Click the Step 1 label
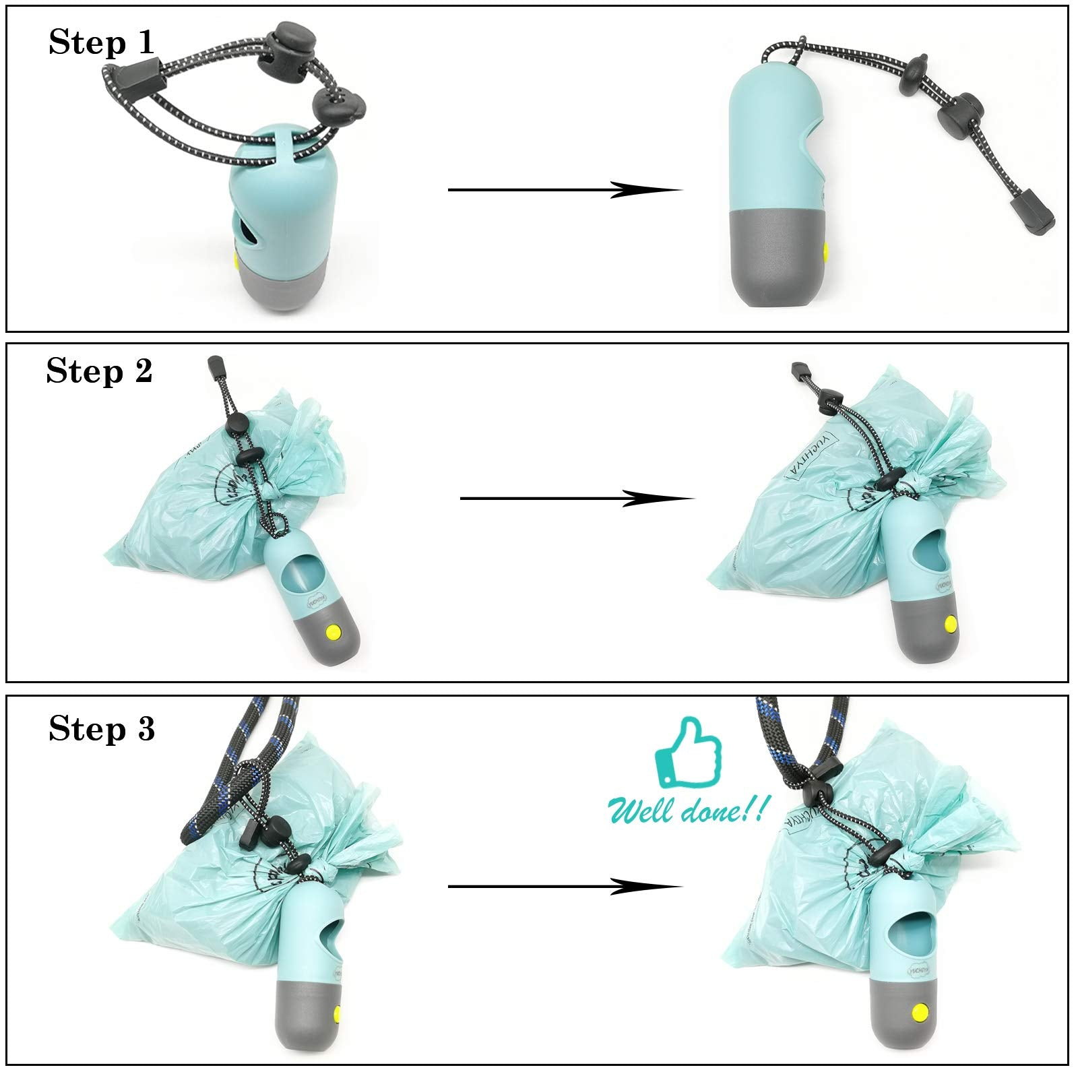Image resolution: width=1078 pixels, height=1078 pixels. click(x=101, y=43)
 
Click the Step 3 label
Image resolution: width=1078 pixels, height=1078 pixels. click(x=102, y=729)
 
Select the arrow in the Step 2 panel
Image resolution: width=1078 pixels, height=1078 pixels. click(x=576, y=499)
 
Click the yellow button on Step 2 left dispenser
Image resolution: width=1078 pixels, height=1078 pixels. click(x=333, y=632)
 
